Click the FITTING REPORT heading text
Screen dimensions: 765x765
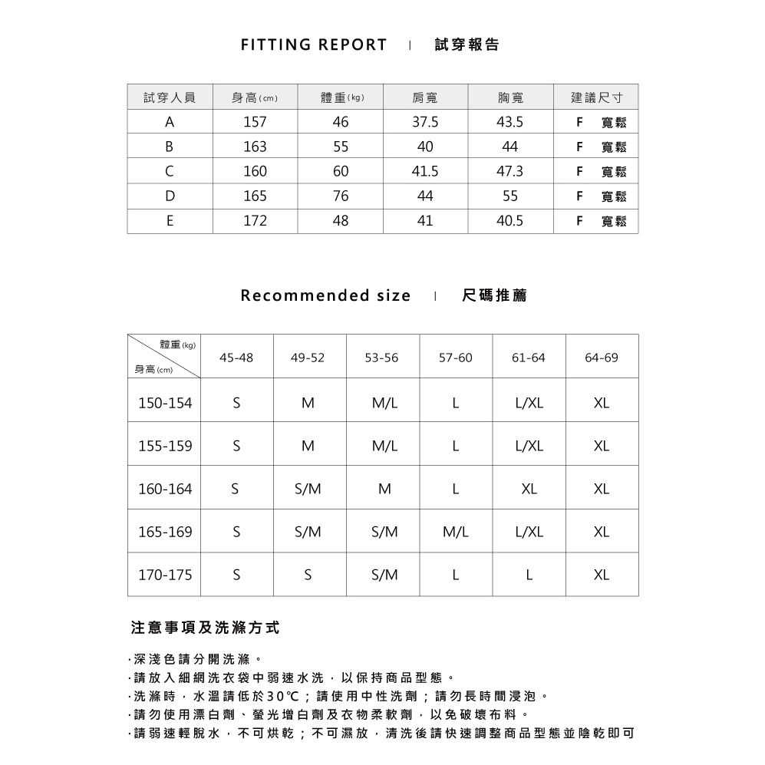pyautogui.click(x=314, y=45)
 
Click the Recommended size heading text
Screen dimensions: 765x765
pyautogui.click(x=325, y=295)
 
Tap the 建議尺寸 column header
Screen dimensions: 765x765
pyautogui.click(x=595, y=97)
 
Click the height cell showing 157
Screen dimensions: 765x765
pyautogui.click(x=254, y=122)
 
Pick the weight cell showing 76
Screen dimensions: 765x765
pyautogui.click(x=340, y=196)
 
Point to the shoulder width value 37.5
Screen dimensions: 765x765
pyautogui.click(x=425, y=122)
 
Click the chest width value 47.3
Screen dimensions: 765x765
pyautogui.click(x=510, y=172)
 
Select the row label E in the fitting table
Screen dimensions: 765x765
pyautogui.click(x=170, y=221)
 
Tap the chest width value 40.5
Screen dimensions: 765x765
pyautogui.click(x=510, y=221)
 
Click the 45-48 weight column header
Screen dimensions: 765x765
pyautogui.click(x=236, y=358)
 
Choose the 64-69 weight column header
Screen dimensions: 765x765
pyautogui.click(x=602, y=358)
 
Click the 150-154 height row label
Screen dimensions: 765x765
pyautogui.click(x=165, y=403)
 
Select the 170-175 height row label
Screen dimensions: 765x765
pyautogui.click(x=165, y=575)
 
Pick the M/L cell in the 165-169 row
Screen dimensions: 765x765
pyautogui.click(x=456, y=532)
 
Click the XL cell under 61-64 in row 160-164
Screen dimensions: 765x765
pyautogui.click(x=529, y=489)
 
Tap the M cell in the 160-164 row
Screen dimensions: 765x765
pyautogui.click(x=384, y=489)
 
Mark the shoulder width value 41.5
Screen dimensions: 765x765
pyautogui.click(x=425, y=172)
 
